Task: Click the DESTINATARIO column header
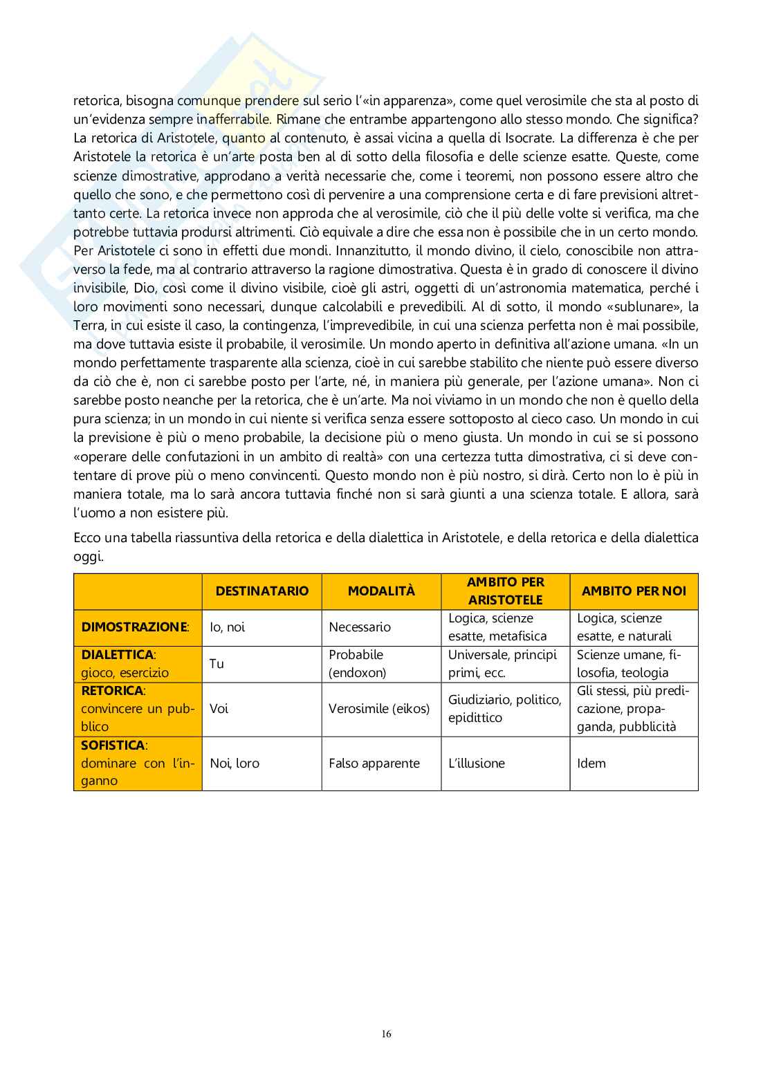tap(261, 591)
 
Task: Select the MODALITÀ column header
tap(381, 591)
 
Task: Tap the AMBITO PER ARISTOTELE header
tap(505, 591)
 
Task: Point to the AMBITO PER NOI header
tap(634, 591)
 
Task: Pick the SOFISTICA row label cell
tap(138, 763)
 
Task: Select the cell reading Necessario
tap(360, 627)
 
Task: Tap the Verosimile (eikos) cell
tap(379, 709)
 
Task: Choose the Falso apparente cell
tap(374, 764)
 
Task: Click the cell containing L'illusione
tap(477, 764)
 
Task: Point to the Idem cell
tap(591, 764)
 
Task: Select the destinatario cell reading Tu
tap(217, 664)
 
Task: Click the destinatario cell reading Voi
tap(219, 709)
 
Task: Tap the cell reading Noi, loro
tap(235, 764)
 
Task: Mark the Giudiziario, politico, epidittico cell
tap(504, 709)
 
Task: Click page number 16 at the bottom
tap(386, 1034)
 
